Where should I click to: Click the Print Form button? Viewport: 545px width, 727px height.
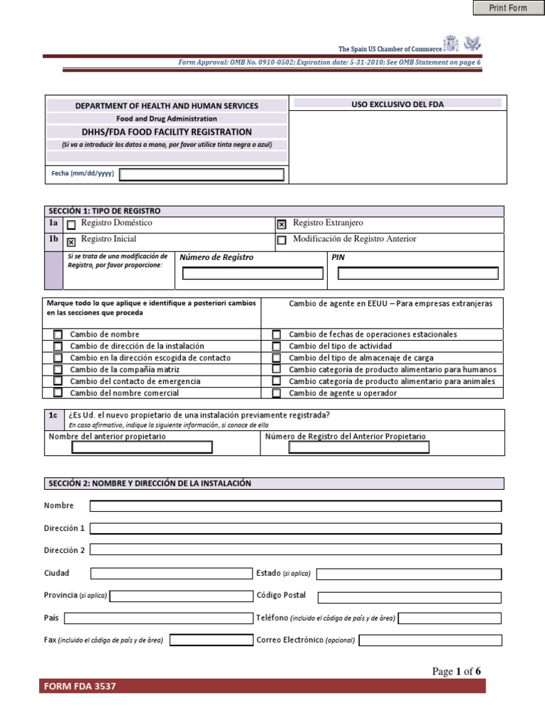pyautogui.click(x=508, y=8)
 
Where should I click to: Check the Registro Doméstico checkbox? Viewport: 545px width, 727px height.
pyautogui.click(x=71, y=225)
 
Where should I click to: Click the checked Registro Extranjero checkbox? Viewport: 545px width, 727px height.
pyautogui.click(x=282, y=225)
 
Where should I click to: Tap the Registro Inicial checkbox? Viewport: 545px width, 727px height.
pyautogui.click(x=71, y=241)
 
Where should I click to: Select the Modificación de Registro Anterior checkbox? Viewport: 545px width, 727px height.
pyautogui.click(x=282, y=241)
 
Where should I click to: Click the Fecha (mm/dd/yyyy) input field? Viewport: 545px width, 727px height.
pyautogui.click(x=202, y=175)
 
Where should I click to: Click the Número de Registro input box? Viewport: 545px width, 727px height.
pyautogui.click(x=253, y=273)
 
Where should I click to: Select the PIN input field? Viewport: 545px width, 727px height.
pyautogui.click(x=416, y=273)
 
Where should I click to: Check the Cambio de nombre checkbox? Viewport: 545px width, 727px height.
pyautogui.click(x=57, y=334)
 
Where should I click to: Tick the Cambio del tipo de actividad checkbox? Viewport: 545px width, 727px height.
pyautogui.click(x=277, y=346)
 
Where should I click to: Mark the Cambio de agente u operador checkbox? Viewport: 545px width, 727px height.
pyautogui.click(x=277, y=393)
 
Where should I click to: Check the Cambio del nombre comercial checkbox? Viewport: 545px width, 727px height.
pyautogui.click(x=57, y=393)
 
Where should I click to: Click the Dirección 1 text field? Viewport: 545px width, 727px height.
pyautogui.click(x=295, y=528)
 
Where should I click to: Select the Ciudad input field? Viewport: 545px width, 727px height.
pyautogui.click(x=171, y=574)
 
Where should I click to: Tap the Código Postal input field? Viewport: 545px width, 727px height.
pyautogui.click(x=409, y=597)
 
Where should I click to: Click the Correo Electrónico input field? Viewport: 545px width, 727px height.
pyautogui.click(x=430, y=640)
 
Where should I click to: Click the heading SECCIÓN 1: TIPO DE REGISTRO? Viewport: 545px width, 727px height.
pyautogui.click(x=105, y=211)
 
